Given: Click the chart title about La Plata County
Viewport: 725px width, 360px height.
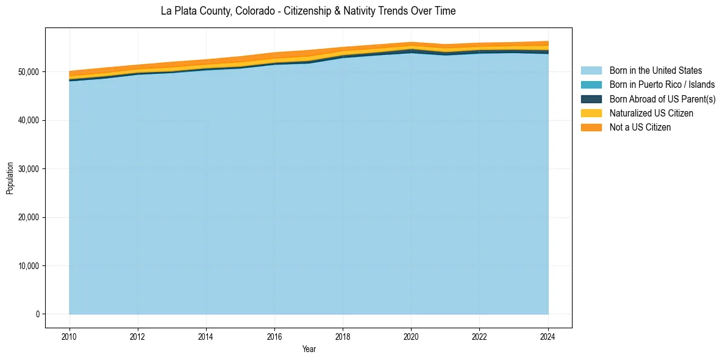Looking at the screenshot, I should point(308,11).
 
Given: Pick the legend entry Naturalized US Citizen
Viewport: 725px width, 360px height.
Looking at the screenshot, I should point(651,113).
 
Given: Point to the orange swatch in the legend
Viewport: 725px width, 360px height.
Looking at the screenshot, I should point(591,127).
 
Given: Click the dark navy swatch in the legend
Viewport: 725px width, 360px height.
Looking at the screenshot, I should point(591,99).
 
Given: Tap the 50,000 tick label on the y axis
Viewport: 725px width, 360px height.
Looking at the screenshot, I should point(29,72).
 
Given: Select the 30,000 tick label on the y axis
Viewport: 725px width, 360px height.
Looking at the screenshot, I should point(29,169).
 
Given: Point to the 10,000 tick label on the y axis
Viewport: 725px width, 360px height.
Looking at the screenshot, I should point(29,266).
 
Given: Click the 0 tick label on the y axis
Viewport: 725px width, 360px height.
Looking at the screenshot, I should point(37,314).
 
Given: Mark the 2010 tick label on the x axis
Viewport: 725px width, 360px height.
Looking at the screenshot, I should point(70,336).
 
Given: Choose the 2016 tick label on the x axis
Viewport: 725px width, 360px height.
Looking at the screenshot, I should point(275,336).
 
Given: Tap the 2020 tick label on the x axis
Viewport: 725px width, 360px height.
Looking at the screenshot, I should point(412,336).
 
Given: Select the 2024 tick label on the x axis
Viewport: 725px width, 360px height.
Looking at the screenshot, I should point(548,336).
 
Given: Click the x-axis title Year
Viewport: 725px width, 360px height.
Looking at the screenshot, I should point(309,349).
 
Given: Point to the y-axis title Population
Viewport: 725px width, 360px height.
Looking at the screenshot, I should point(10,178).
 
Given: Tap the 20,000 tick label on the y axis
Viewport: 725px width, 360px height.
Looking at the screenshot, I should point(29,217).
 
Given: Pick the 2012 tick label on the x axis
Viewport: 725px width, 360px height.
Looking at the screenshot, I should point(138,336).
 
